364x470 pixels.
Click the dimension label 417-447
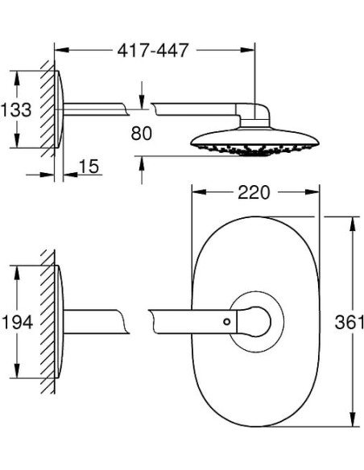click(153, 51)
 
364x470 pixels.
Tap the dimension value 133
click(16, 109)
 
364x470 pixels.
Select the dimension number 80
click(141, 133)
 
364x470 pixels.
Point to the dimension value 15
click(89, 166)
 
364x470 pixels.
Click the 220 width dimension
click(254, 192)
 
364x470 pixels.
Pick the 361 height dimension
click(349, 322)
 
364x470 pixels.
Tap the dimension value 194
click(17, 322)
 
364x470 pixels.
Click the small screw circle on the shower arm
click(227, 322)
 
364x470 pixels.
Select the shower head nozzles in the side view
click(254, 149)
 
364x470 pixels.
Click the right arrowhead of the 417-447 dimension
click(247, 50)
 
